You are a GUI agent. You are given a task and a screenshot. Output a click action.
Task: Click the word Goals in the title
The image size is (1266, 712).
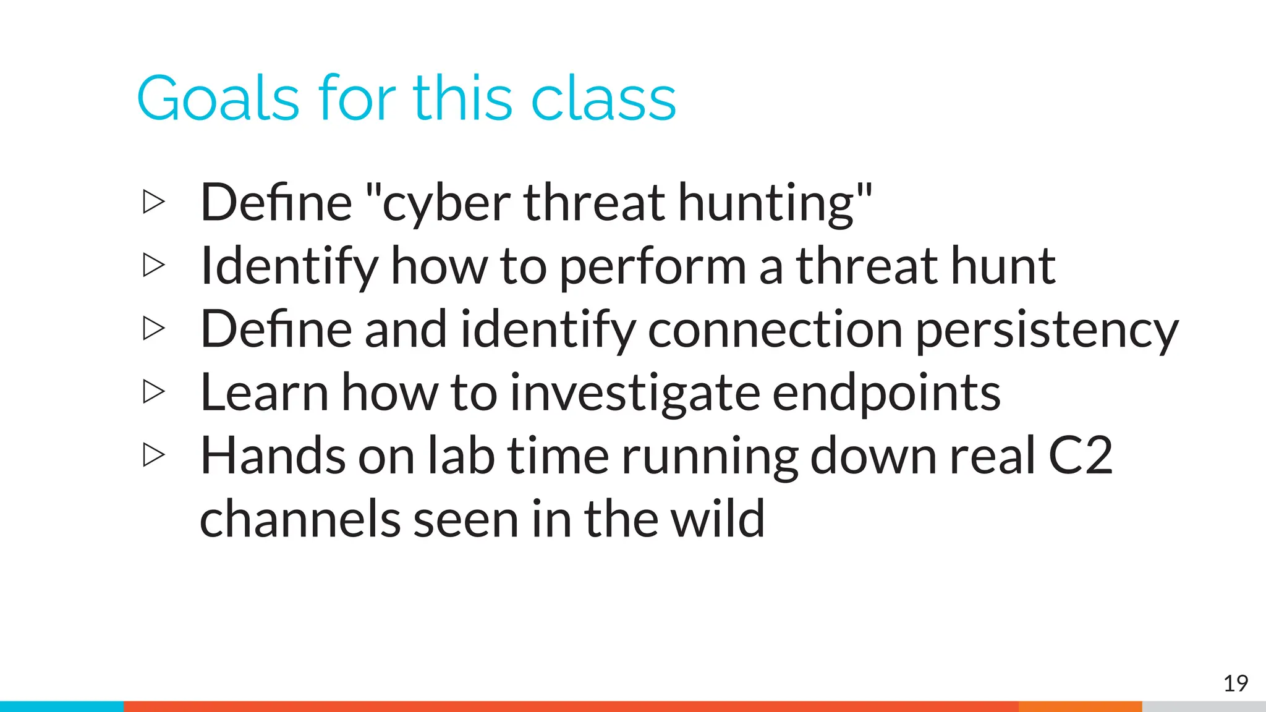point(218,99)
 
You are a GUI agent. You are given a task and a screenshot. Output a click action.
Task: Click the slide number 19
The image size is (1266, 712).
point(1235,684)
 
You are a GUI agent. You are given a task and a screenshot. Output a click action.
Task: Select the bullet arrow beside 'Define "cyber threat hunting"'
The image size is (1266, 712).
point(154,202)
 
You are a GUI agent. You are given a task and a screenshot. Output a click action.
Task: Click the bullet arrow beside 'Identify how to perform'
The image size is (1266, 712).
point(154,265)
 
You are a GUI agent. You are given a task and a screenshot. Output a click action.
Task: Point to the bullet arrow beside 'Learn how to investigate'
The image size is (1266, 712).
point(154,392)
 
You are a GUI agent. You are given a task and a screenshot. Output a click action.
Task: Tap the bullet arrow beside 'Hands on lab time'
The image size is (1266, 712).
point(154,456)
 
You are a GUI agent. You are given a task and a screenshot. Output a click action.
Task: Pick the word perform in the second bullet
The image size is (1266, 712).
point(652,267)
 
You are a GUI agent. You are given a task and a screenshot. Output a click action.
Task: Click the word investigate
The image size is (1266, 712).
point(635,394)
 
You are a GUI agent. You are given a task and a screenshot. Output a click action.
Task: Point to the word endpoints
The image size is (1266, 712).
point(886,394)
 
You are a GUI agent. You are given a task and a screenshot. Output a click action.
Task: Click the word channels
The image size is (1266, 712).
point(300,519)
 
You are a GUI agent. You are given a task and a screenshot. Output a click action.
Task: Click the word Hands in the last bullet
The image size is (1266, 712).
point(273,456)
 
